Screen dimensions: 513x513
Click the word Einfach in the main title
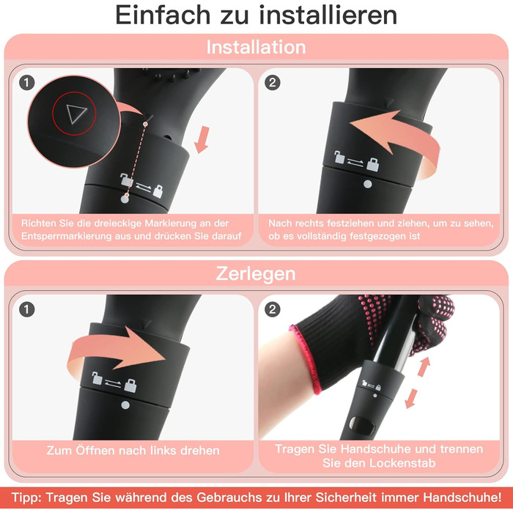coord(163,15)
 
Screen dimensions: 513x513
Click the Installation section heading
coord(256,47)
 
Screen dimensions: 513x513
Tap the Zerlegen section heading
coord(256,273)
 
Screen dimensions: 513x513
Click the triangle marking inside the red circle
coord(76,114)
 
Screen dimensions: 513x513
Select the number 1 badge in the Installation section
coord(27,83)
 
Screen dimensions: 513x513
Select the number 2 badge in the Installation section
coord(273,83)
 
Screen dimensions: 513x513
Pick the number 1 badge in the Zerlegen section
coord(27,309)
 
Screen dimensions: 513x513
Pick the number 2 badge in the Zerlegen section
coord(273,309)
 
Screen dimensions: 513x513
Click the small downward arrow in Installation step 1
coord(202,140)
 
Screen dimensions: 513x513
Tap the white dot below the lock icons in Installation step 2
coord(368,184)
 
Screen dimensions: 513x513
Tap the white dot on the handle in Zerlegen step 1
coord(125,405)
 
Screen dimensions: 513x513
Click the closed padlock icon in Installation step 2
coord(372,165)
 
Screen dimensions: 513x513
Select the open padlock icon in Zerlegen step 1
coord(97,378)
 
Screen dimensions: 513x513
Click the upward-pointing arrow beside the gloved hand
coord(424,366)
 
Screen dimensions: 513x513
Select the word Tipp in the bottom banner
coord(26,498)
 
